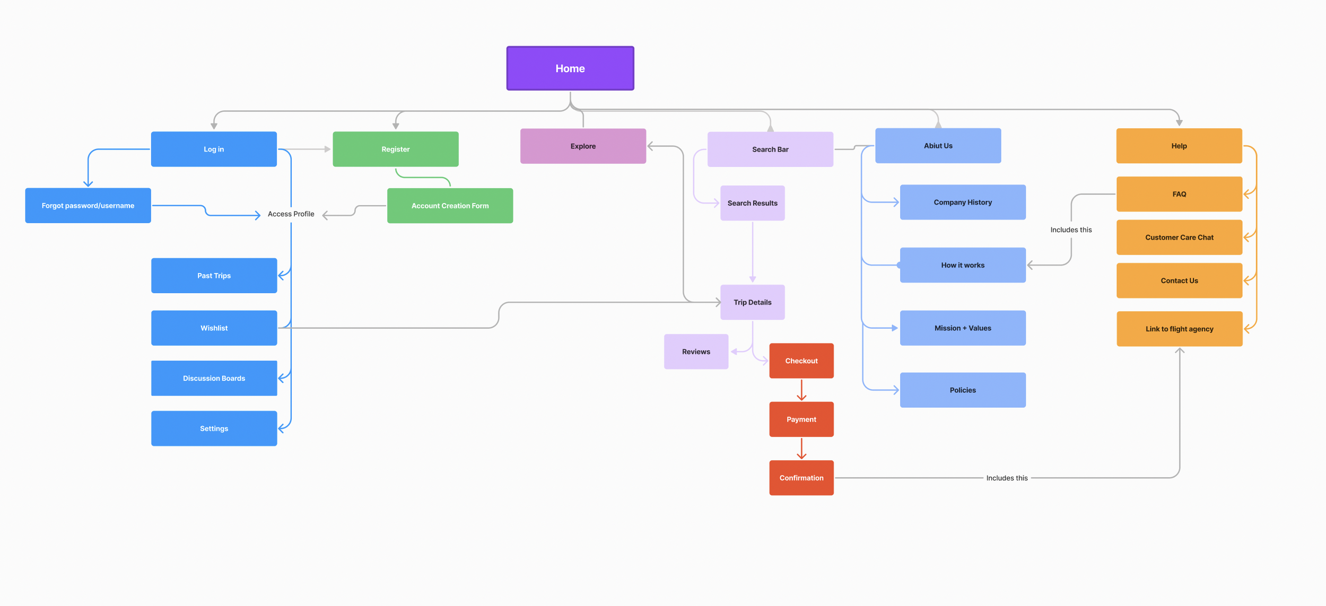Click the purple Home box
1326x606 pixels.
click(570, 68)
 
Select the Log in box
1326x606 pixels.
click(214, 149)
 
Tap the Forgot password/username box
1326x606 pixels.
click(88, 206)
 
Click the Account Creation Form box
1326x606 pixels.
click(450, 206)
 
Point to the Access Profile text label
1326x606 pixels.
click(291, 214)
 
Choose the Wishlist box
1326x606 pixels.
click(214, 328)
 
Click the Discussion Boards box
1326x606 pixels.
click(214, 378)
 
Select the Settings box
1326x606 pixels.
click(214, 428)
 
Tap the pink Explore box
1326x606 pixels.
click(583, 146)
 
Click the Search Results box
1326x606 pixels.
click(752, 203)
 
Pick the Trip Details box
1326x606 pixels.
click(752, 302)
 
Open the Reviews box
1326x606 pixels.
click(696, 352)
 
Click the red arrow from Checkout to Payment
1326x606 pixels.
click(801, 390)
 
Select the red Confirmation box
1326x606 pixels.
click(801, 478)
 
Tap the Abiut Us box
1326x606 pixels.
click(938, 146)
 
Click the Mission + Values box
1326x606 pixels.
click(963, 328)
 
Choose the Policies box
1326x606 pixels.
click(963, 390)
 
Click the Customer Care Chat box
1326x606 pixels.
click(1179, 238)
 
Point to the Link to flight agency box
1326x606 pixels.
click(1179, 329)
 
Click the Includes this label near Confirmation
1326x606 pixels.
click(1007, 478)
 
